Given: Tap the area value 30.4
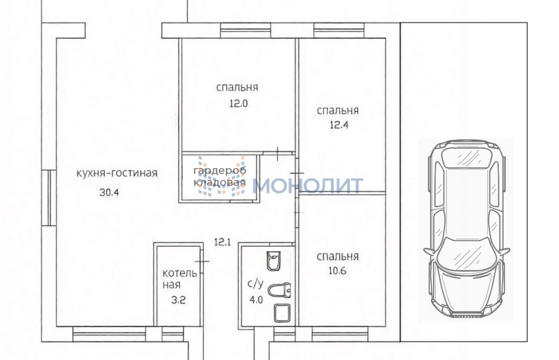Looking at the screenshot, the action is [109, 192].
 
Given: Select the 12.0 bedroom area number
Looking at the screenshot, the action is [239, 103].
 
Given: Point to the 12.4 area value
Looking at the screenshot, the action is [339, 125].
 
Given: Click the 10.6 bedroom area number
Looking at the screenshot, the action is [337, 271].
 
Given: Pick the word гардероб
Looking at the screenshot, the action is [220, 171].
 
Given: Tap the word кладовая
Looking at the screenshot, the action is [220, 183].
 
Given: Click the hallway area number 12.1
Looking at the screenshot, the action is [223, 242].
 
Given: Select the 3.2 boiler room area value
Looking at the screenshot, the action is [178, 300].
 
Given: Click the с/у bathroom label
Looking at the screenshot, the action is [255, 284].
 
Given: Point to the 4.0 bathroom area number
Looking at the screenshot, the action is [256, 299].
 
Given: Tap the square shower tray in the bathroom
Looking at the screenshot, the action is [282, 313].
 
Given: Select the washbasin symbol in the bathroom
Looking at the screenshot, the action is [274, 261].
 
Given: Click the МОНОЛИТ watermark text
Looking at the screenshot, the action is [308, 185].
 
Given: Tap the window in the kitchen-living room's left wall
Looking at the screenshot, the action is [49, 198].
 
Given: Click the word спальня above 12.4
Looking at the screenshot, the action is [338, 110].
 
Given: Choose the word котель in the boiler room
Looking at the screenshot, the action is [180, 273].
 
